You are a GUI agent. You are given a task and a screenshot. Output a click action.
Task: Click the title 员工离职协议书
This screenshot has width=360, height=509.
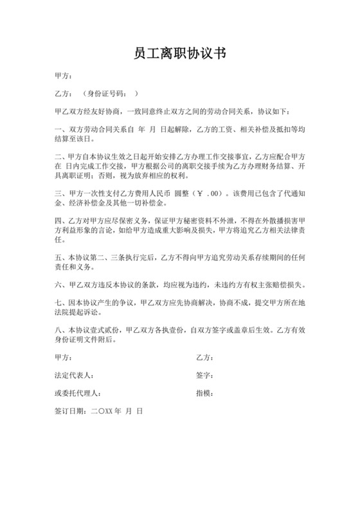click(x=179, y=53)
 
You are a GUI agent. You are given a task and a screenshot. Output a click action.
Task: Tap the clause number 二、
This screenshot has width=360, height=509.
click(x=60, y=156)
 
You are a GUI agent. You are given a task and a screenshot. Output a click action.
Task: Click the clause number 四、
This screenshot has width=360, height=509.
click(x=60, y=220)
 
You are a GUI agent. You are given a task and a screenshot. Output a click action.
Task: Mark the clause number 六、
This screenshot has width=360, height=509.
click(x=60, y=283)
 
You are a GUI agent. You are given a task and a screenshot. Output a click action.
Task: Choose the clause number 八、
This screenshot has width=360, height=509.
click(x=60, y=330)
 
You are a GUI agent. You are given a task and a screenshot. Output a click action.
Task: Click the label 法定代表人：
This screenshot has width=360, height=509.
click(x=75, y=373)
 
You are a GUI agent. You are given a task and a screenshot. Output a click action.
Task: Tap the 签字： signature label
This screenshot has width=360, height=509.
click(x=204, y=373)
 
